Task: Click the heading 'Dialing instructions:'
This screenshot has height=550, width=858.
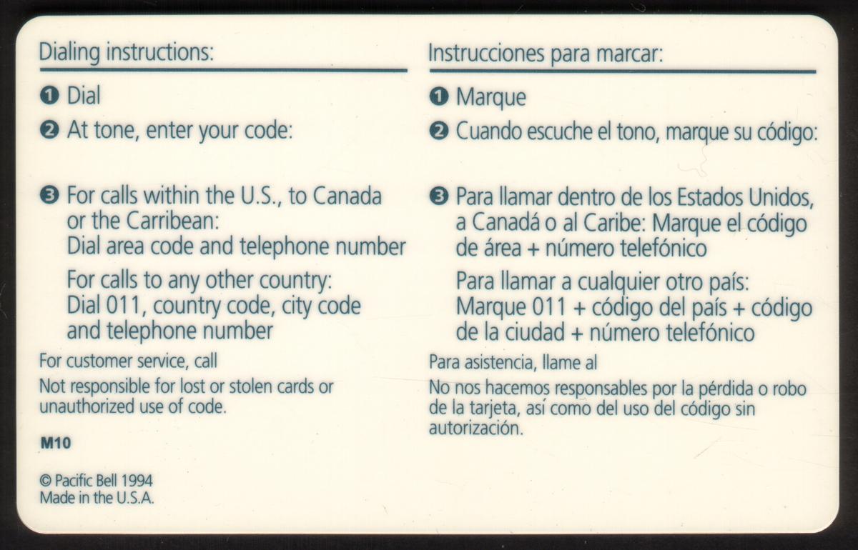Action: pyautogui.click(x=127, y=53)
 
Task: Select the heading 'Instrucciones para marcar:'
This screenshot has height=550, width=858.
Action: pyautogui.click(x=546, y=54)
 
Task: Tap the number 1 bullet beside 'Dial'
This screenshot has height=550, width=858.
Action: pyautogui.click(x=49, y=95)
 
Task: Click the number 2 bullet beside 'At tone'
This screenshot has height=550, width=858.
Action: pyautogui.click(x=49, y=131)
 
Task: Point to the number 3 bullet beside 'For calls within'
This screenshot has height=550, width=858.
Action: pyautogui.click(x=49, y=196)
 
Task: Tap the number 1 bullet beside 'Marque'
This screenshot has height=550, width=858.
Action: pyautogui.click(x=439, y=96)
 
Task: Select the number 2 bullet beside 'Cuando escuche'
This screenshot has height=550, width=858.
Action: pyautogui.click(x=439, y=131)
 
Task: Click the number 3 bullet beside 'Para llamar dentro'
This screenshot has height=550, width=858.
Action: pyautogui.click(x=439, y=196)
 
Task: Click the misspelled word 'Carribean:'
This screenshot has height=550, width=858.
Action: pyautogui.click(x=173, y=221)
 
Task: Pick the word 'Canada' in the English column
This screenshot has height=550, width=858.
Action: pyautogui.click(x=347, y=196)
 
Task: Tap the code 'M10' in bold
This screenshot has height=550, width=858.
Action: pyautogui.click(x=56, y=444)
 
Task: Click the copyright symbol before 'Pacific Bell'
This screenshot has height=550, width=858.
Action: pyautogui.click(x=46, y=481)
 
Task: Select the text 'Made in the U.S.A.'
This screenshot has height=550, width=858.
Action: pyautogui.click(x=97, y=498)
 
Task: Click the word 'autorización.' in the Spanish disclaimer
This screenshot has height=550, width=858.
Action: pyautogui.click(x=476, y=429)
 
